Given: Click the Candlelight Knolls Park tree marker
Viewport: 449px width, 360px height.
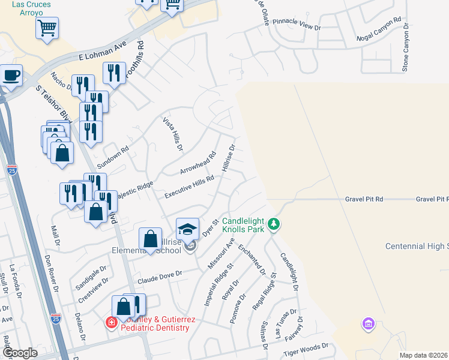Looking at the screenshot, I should coord(274,224).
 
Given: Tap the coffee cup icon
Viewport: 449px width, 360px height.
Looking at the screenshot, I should coord(11,76).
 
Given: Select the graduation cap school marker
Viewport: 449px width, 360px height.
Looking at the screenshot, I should coord(187,229).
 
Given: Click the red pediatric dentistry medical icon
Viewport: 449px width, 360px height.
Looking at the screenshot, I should coord(111,323).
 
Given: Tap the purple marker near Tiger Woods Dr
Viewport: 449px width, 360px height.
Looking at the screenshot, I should coord(369,325).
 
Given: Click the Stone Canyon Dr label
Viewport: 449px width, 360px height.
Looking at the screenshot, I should coord(406,48).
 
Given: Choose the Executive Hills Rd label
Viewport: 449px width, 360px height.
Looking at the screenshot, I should coord(190,187).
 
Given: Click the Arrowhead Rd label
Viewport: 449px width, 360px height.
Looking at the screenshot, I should coord(197,163).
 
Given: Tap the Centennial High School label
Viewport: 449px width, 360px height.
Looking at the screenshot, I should coord(417,247).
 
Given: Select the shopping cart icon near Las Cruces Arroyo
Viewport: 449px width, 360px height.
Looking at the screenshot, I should coord(47,27).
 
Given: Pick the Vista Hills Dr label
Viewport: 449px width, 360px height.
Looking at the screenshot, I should coord(173,134).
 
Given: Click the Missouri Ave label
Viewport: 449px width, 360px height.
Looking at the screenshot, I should coord(221,252).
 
